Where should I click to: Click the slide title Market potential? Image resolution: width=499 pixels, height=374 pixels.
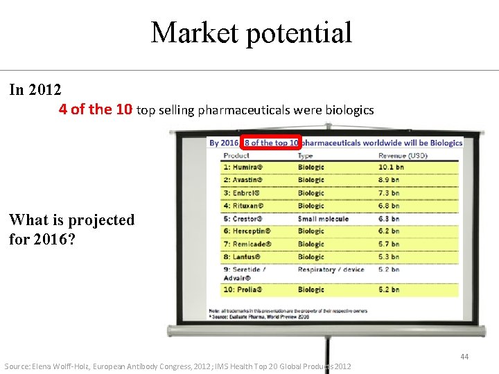(251, 33)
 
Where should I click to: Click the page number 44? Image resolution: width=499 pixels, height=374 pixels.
(464, 357)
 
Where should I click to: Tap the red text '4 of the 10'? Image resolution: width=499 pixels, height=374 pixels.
(96, 109)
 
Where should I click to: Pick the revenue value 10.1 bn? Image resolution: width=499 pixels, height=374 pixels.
(392, 167)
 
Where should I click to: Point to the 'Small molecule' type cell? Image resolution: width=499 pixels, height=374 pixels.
(323, 218)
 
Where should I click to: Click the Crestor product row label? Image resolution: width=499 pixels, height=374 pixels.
(243, 218)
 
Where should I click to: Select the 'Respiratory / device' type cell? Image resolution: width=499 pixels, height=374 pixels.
(332, 269)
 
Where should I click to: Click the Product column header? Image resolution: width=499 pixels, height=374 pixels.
(236, 156)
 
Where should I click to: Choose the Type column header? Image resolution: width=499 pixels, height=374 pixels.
(306, 156)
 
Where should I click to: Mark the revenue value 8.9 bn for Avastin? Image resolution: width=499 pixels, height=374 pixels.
(389, 180)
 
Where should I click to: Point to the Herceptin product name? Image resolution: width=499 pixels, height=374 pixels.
(247, 231)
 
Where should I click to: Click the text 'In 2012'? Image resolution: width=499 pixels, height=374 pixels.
(35, 90)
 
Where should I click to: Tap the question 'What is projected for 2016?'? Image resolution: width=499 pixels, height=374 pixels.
(71, 229)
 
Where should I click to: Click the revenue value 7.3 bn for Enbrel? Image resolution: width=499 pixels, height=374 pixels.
(389, 193)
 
